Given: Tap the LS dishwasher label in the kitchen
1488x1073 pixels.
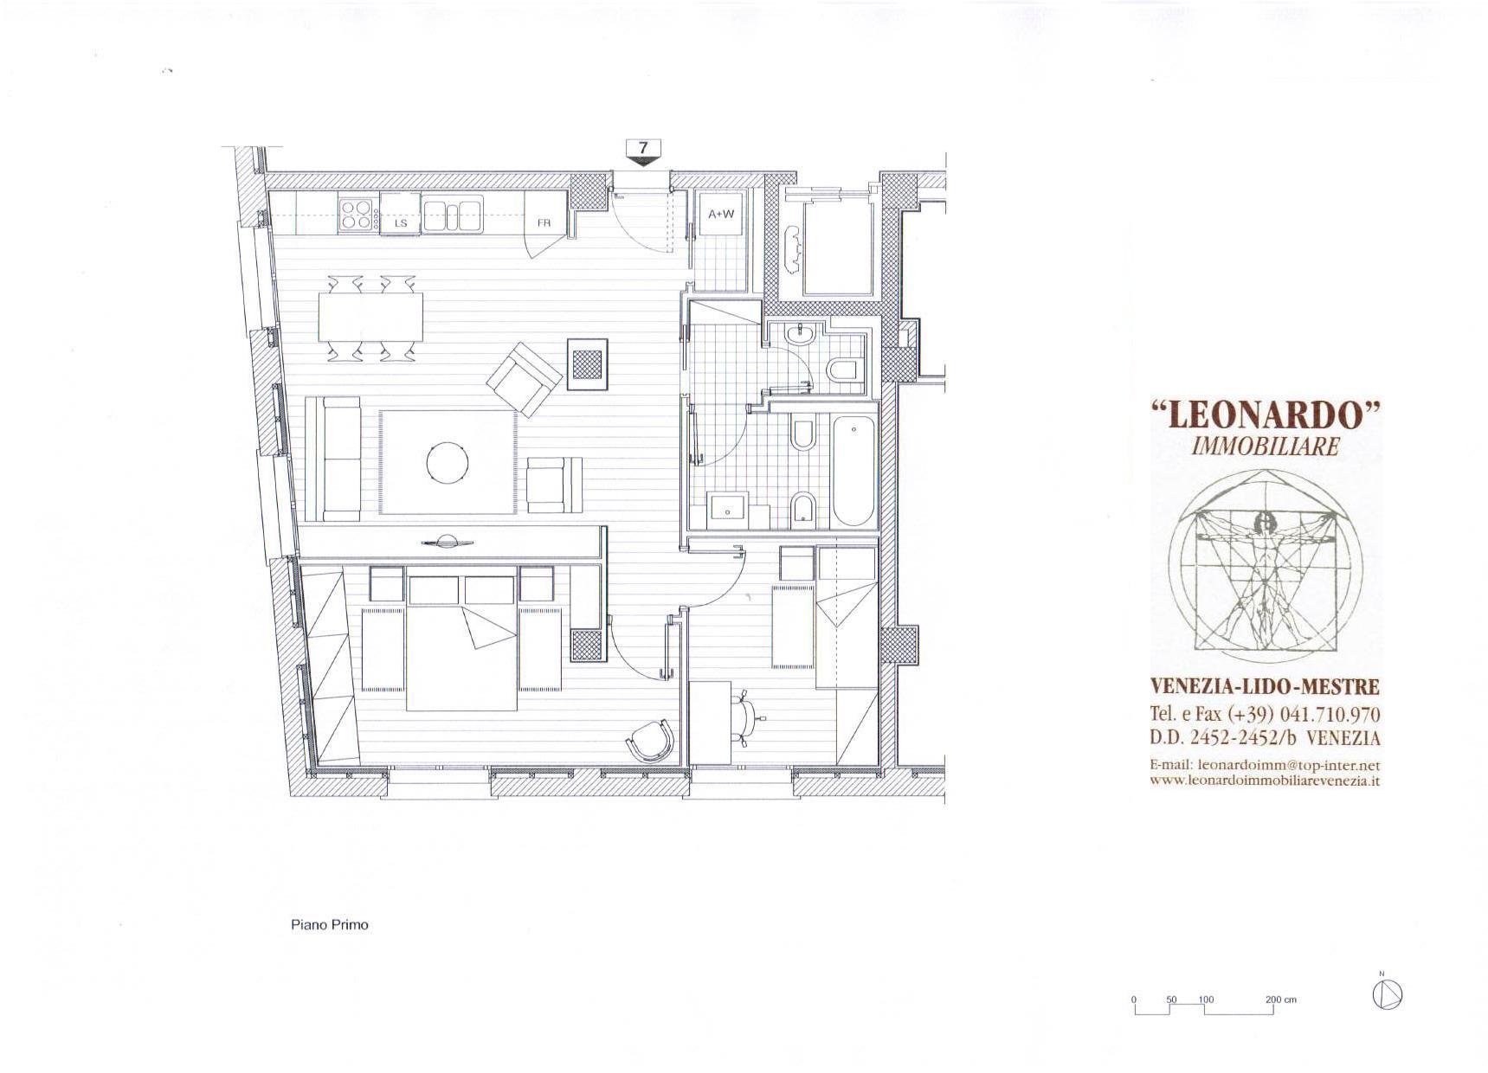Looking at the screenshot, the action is pyautogui.click(x=401, y=223).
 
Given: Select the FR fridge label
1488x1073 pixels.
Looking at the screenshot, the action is pyautogui.click(x=544, y=223).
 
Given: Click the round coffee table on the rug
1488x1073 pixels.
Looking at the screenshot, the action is pyautogui.click(x=449, y=462).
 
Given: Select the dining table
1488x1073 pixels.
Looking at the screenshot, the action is pyautogui.click(x=371, y=318).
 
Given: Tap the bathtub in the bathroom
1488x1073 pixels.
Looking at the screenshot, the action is pyautogui.click(x=854, y=470).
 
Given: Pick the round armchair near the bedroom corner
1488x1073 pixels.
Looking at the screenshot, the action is pyautogui.click(x=652, y=741).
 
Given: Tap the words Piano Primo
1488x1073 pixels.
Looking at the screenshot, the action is pyautogui.click(x=329, y=924).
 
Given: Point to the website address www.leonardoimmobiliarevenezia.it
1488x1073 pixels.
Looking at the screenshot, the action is pyautogui.click(x=1265, y=780).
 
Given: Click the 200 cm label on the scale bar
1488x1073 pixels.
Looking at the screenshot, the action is pyautogui.click(x=1281, y=999).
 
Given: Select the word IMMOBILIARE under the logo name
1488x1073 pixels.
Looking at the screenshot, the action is pyautogui.click(x=1265, y=447).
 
